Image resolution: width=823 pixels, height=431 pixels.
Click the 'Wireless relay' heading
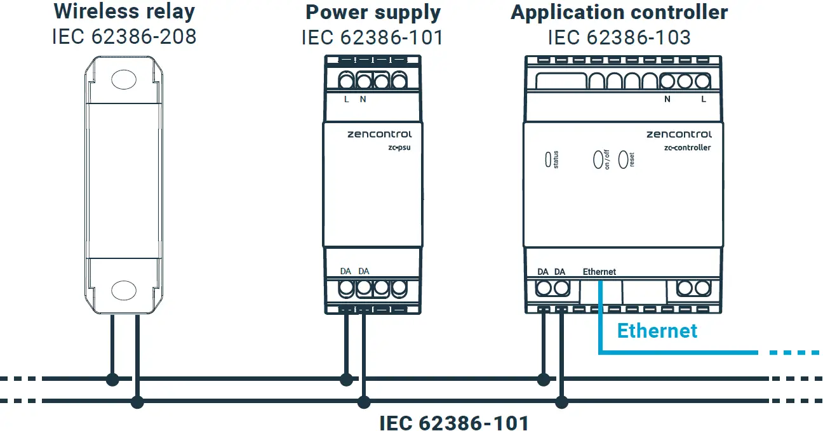[124, 11]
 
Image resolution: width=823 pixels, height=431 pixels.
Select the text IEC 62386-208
[124, 36]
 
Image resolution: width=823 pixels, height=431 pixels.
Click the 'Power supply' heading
[373, 13]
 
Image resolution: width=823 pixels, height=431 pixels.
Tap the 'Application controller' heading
[619, 13]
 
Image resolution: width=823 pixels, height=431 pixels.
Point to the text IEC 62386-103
[619, 37]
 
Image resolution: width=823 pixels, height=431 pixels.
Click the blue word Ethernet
[657, 331]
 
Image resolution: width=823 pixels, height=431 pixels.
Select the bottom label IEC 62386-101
[453, 423]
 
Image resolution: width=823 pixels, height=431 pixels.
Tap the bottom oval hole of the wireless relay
[124, 290]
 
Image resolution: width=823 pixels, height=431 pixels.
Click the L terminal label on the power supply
[346, 100]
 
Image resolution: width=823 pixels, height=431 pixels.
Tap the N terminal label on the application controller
[667, 100]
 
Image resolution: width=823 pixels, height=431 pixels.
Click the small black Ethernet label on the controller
[599, 272]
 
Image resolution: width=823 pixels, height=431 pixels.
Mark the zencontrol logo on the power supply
[380, 134]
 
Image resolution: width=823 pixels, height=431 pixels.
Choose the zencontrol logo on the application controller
[679, 134]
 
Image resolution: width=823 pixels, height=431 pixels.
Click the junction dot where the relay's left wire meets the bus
[112, 380]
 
